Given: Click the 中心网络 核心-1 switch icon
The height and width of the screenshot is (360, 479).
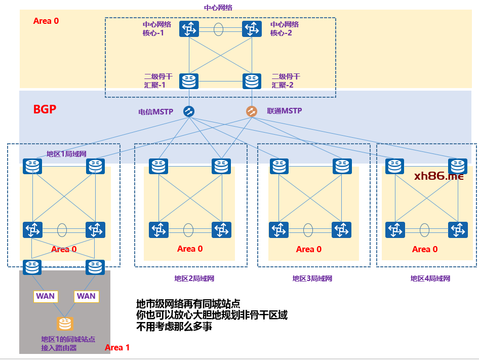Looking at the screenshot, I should [x=189, y=29].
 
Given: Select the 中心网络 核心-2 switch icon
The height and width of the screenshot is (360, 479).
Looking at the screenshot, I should [x=252, y=29].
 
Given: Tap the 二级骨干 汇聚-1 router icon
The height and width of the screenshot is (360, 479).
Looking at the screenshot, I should [x=189, y=81].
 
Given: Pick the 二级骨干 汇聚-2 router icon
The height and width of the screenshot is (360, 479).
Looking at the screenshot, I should [x=252, y=81].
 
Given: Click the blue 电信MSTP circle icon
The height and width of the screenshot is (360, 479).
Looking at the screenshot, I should [x=189, y=111].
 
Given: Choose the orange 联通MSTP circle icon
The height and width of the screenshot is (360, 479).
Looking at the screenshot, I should [x=252, y=111].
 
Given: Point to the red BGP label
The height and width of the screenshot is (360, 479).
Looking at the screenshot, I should [x=45, y=109].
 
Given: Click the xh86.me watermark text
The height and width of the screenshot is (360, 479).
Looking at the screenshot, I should [x=438, y=176].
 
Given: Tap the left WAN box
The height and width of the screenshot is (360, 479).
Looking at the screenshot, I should [x=45, y=296].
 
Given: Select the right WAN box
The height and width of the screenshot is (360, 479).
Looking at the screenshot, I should [x=86, y=296].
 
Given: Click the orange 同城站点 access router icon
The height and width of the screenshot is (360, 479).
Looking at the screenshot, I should [x=65, y=324].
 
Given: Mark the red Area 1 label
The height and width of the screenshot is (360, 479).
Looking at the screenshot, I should [x=117, y=347].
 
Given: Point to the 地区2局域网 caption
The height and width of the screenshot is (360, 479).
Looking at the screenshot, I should [x=194, y=278].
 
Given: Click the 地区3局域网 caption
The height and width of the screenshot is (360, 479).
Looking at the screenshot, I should [x=312, y=278].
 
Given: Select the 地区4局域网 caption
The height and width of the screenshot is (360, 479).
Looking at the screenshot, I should [x=430, y=278].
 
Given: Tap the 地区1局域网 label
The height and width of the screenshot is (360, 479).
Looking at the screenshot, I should [x=66, y=154].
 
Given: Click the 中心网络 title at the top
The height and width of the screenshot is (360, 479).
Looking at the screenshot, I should [x=218, y=8].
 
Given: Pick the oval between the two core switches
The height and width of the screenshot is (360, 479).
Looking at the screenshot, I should [x=218, y=29].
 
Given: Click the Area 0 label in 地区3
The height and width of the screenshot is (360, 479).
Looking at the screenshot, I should [x=308, y=249].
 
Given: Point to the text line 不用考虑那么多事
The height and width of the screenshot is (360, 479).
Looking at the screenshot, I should [x=174, y=327].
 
